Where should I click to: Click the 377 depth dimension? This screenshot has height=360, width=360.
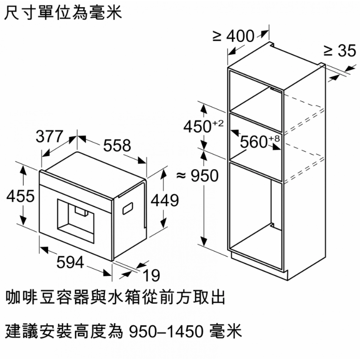[49, 137]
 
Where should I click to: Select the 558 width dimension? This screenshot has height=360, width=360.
[117, 145]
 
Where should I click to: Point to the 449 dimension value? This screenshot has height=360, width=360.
[164, 200]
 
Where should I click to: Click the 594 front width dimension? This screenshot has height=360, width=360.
[70, 263]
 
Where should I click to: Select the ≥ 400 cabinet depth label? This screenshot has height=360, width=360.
[233, 37]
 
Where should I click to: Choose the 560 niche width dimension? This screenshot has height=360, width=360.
[253, 142]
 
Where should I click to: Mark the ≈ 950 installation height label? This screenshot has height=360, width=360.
[197, 176]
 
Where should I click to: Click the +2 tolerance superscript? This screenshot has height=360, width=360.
[218, 124]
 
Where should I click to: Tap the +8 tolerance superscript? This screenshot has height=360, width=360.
[274, 139]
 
